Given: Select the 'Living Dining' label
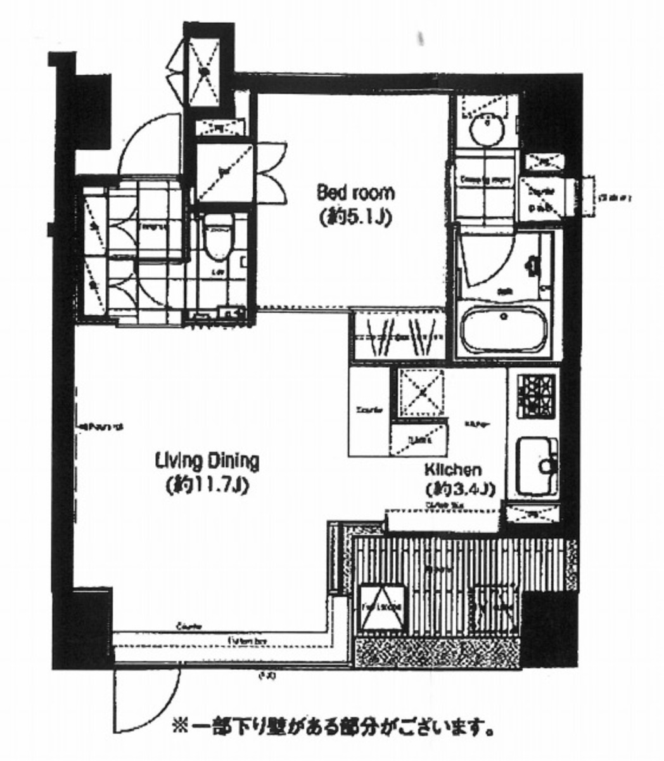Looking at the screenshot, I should (x=207, y=461).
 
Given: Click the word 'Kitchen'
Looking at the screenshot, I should (x=453, y=471).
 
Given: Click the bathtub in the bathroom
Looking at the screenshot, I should (x=504, y=330).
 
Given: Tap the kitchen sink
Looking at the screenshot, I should (x=535, y=466).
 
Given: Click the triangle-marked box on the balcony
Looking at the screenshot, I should (x=381, y=608).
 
